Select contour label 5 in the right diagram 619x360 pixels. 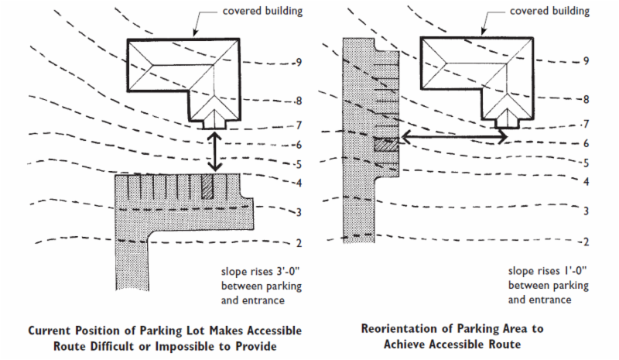(x=587, y=163)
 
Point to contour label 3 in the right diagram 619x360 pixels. (x=587, y=211)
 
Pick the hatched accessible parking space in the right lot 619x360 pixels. (x=385, y=144)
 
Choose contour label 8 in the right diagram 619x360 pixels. (x=587, y=100)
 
